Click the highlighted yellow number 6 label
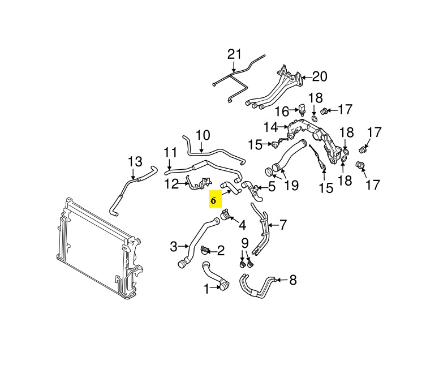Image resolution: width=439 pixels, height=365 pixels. pos(214,200)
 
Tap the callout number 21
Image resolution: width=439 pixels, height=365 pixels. pos(234,54)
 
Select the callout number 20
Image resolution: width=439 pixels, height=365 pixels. pos(320,76)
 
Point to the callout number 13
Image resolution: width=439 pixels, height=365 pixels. pos(135,162)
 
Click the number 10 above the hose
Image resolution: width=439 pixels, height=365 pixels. pos(203,136)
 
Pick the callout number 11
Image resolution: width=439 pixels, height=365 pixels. pos(170,152)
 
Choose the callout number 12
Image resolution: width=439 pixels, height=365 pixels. pos(171,183)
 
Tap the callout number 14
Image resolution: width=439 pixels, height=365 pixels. pos(271,127)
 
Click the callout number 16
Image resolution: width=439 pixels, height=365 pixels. pos(282,111)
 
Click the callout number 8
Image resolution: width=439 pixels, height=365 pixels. pos(292,280)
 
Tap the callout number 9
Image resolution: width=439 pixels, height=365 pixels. pos(245,243)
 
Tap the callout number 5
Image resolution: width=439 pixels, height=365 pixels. pos(271,186)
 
